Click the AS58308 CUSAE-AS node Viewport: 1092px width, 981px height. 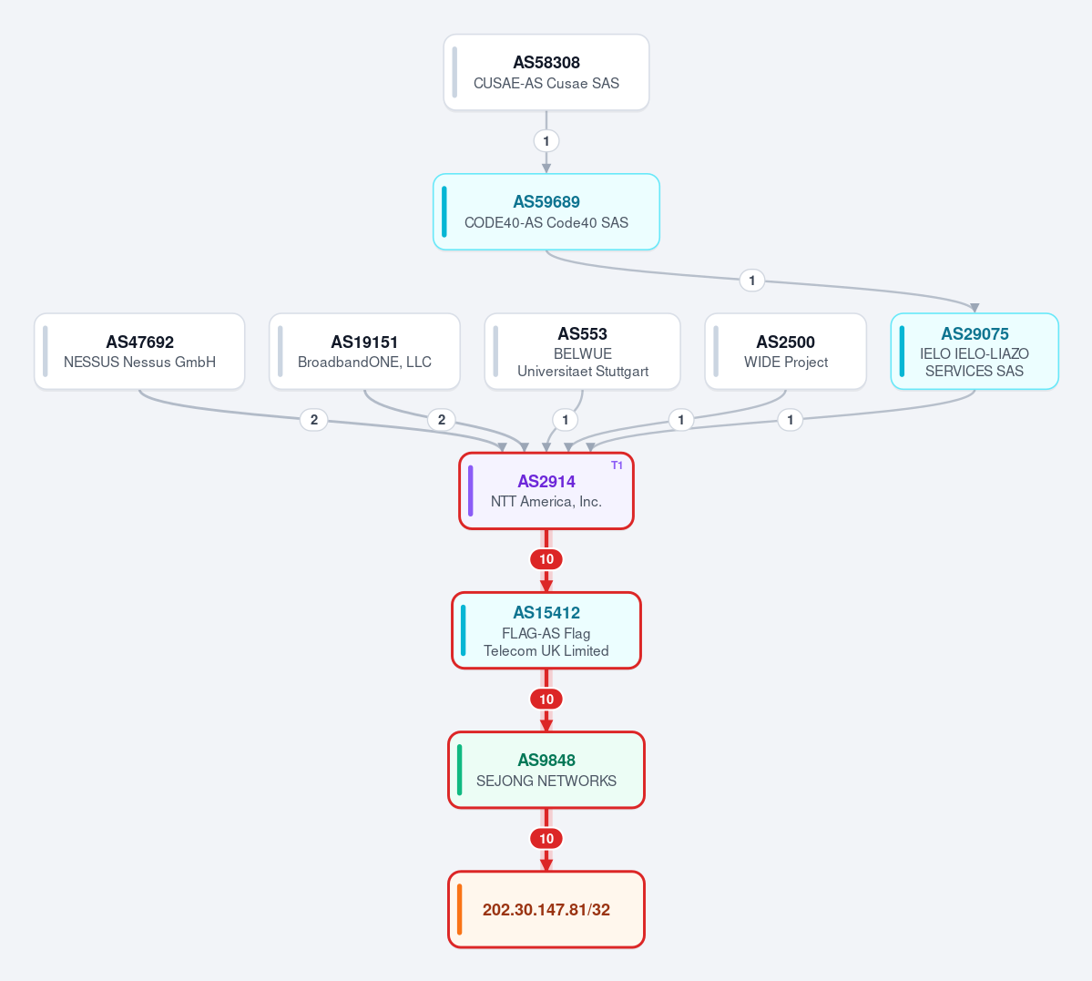pos(546,73)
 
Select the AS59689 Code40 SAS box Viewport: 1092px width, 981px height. pos(546,212)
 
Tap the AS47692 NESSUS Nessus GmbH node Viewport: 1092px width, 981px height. pos(139,352)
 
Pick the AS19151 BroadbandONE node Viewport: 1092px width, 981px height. pos(364,352)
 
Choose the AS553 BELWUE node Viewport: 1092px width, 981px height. pos(582,352)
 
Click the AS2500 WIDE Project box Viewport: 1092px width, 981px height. pos(786,352)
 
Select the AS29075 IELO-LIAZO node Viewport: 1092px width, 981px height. pos(975,352)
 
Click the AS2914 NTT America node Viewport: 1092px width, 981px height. pos(546,491)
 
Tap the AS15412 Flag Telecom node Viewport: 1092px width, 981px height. pos(546,630)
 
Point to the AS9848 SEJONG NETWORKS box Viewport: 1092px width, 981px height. pos(546,770)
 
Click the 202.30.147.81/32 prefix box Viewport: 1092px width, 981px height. pos(546,909)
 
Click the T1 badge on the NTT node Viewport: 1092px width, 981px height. pos(617,465)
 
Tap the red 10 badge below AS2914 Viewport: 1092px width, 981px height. pos(546,559)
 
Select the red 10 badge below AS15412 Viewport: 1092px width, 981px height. pos(546,699)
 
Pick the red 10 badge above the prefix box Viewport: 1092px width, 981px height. pos(546,839)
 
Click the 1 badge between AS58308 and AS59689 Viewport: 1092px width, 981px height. pos(546,141)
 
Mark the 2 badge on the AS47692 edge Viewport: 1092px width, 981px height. pos(314,419)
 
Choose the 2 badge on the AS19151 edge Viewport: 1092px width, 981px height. pos(442,419)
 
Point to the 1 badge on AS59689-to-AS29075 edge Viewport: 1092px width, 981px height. pos(751,281)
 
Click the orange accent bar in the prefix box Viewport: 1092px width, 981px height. pos(460,909)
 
